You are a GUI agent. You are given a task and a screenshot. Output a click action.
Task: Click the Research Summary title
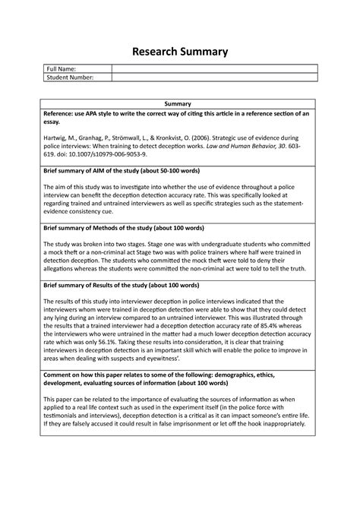[180, 51]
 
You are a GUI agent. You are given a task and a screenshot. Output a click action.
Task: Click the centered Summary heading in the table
[180, 103]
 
